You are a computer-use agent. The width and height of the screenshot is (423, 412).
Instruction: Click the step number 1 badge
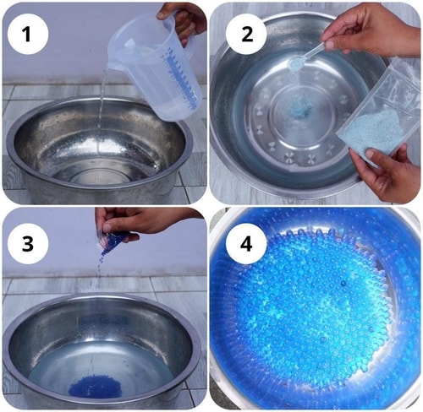pyautogui.click(x=28, y=35)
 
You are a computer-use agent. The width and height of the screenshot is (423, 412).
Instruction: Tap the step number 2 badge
pyautogui.click(x=246, y=35)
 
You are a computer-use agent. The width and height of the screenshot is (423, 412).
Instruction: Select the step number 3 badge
pyautogui.click(x=28, y=244)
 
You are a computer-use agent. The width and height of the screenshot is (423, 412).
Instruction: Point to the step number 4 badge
pyautogui.click(x=246, y=244)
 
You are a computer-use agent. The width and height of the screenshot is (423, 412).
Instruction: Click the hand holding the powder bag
pyautogui.click(x=390, y=172)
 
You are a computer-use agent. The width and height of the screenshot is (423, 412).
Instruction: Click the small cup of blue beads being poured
pyautogui.click(x=113, y=239)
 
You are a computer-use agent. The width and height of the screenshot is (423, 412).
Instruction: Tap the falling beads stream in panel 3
pyautogui.click(x=99, y=268)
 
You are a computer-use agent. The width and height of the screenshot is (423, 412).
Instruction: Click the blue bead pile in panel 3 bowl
pyautogui.click(x=95, y=387)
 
